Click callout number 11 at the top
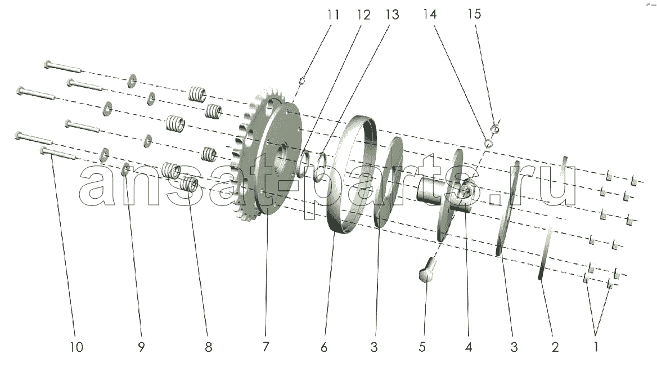click(334, 15)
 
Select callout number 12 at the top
click(364, 15)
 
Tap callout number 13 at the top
click(391, 15)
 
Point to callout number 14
click(430, 15)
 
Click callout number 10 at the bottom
click(76, 347)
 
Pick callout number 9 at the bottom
click(141, 347)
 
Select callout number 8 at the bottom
click(208, 347)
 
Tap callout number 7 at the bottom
click(266, 347)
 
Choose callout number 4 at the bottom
click(468, 347)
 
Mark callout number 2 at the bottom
click(555, 347)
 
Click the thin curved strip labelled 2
click(544, 253)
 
